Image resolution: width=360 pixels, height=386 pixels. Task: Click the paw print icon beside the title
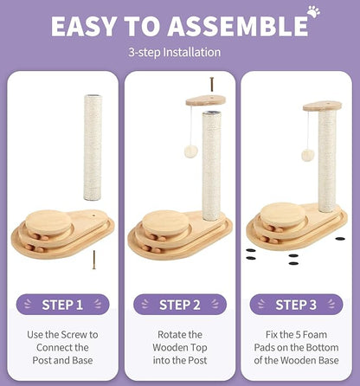[x=313, y=11]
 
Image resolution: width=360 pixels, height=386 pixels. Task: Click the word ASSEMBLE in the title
[x=238, y=27]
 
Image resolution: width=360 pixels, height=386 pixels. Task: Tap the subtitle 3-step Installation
[x=175, y=53]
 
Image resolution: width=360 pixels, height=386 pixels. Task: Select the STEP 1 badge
[x=62, y=305]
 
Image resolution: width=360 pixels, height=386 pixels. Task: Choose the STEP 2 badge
[x=180, y=305]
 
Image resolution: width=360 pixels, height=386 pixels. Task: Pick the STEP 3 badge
[x=296, y=305]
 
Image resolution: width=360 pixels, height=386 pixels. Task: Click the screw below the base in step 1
[x=93, y=260]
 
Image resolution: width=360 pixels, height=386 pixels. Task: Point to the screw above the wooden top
[x=211, y=84]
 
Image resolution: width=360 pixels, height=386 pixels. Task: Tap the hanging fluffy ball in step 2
[x=191, y=151]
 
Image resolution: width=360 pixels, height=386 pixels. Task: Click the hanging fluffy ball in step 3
[x=308, y=155]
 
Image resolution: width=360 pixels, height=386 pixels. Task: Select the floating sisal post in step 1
[x=93, y=147]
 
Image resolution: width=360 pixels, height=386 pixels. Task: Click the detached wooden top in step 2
[x=206, y=100]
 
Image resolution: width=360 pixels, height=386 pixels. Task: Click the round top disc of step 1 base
[x=48, y=221]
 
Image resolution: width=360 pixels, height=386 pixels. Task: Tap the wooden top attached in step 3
[x=322, y=106]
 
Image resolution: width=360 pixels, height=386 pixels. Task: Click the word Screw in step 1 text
[x=74, y=335]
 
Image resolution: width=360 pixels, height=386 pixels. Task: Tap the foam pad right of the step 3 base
[x=340, y=239]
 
